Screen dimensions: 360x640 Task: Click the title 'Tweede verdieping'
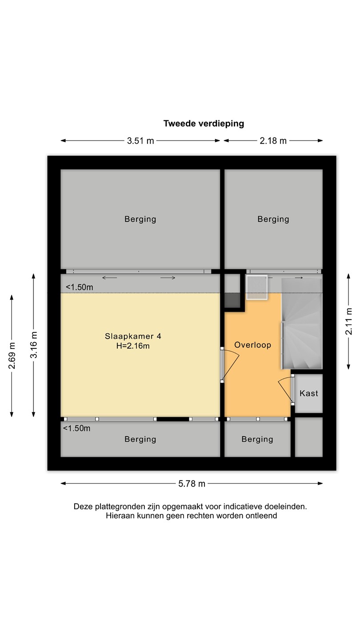coord(204,124)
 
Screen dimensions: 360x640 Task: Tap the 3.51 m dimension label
coord(140,140)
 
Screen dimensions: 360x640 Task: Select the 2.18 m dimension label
coord(273,140)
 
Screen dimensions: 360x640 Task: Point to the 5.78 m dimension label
coord(192,484)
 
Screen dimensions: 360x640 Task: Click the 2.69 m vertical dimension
coord(12,356)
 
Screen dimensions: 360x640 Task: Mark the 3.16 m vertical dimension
coord(34,344)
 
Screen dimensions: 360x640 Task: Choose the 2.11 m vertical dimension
coord(348,321)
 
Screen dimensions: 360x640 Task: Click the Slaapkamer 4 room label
coord(133,336)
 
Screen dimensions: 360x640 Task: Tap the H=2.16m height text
coord(133,346)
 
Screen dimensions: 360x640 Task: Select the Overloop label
coord(252,345)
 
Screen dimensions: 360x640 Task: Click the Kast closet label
coord(308,393)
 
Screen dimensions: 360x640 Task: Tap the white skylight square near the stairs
coord(257,287)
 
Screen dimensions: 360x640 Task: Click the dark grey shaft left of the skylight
coord(232,300)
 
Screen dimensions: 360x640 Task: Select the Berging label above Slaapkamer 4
coord(140,220)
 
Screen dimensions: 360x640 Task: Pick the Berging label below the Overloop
coord(257,439)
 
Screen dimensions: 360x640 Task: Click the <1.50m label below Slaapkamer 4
coord(76,428)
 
